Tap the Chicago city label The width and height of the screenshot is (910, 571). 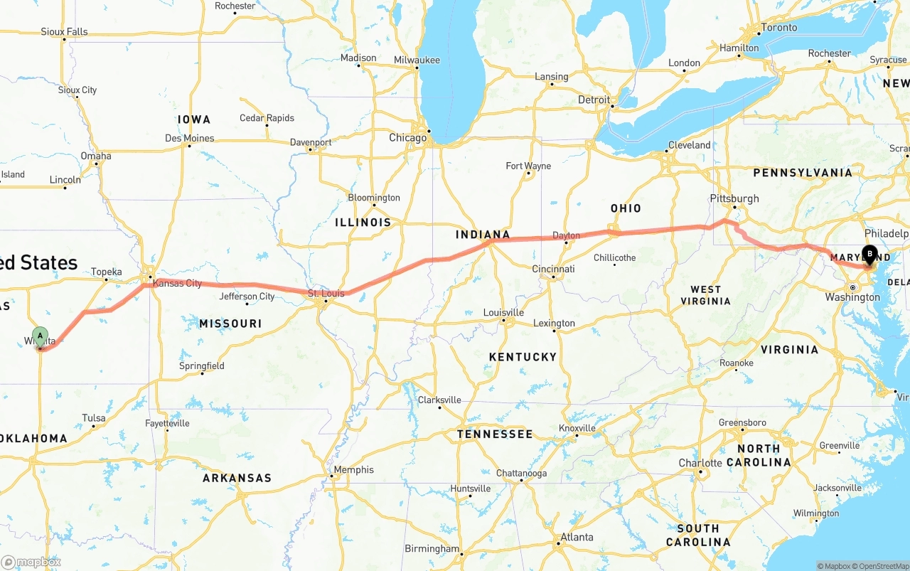(x=407, y=138)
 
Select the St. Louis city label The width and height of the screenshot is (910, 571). (x=326, y=293)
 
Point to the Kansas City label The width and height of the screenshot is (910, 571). (x=177, y=283)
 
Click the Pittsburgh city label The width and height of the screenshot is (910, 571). (x=734, y=198)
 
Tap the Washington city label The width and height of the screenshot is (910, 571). (x=852, y=297)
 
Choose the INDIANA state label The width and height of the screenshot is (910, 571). (x=483, y=235)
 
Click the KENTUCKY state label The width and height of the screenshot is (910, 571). (x=523, y=357)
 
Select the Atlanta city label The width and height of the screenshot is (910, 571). (x=577, y=537)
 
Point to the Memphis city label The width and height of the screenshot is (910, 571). (x=353, y=469)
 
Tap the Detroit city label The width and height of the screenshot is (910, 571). (x=594, y=100)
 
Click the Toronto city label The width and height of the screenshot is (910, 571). (x=779, y=28)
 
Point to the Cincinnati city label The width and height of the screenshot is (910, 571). (x=553, y=269)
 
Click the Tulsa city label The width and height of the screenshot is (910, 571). (x=93, y=417)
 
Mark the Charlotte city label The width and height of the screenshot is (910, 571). (x=700, y=463)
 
